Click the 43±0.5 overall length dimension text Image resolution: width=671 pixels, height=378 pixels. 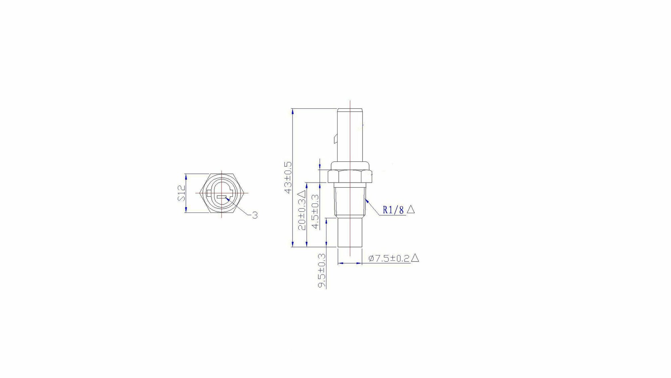click(x=288, y=178)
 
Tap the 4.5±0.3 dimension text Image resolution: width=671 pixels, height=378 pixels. click(x=315, y=211)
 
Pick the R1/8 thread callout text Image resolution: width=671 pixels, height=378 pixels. click(x=393, y=210)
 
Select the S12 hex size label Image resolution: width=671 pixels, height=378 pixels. click(x=182, y=193)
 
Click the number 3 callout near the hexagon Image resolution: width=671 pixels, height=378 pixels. click(x=255, y=215)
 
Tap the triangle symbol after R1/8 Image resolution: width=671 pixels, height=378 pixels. click(x=411, y=209)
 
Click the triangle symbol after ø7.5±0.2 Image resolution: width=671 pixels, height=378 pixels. click(x=415, y=258)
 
